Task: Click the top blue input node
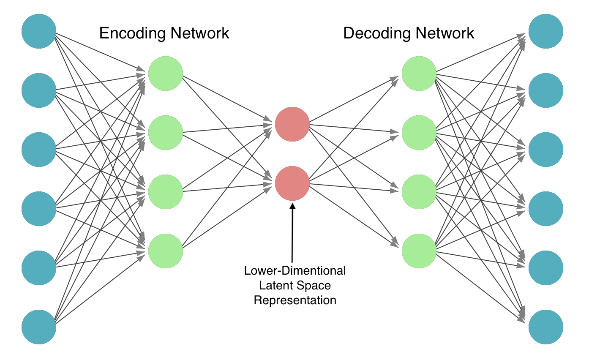point(39,31)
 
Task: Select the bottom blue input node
point(39,327)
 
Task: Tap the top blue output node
point(546,31)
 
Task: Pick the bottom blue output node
point(546,327)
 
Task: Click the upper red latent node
point(292,124)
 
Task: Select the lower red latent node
point(292,183)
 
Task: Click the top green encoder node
point(166,74)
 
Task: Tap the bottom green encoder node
point(166,251)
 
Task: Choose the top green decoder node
point(419,74)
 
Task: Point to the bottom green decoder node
point(419,251)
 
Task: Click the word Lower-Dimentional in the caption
point(295,271)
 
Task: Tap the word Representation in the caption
point(295,300)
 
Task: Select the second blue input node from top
point(39,90)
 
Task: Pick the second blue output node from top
point(546,90)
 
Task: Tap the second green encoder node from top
point(166,133)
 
